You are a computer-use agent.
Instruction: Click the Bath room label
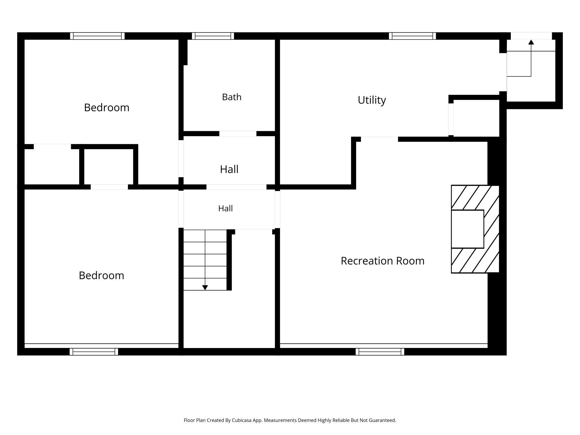pos(232,97)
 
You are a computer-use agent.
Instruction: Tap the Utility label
pos(372,100)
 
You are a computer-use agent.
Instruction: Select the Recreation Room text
pos(383,261)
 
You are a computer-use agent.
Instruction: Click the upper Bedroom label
pos(107,108)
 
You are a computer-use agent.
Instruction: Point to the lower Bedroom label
pos(101,275)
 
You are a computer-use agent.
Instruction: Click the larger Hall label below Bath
pos(229,169)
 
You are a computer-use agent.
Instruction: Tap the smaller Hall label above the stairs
pos(225,208)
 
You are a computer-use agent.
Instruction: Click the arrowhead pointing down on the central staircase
pos(205,288)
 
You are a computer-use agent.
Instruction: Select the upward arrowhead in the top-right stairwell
pos(531,42)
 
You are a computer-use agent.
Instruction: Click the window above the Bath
pos(213,36)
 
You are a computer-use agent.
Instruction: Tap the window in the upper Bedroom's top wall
pos(97,36)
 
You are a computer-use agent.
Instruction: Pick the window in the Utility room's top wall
pos(412,36)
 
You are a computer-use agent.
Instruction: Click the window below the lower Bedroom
pos(94,352)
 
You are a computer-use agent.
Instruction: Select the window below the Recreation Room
pos(380,352)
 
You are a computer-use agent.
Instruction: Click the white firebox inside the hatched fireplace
pos(467,229)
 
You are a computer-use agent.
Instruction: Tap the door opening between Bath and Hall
pos(238,134)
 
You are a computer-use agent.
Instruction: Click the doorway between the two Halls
pos(236,187)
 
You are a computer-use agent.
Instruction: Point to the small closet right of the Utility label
pos(476,118)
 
